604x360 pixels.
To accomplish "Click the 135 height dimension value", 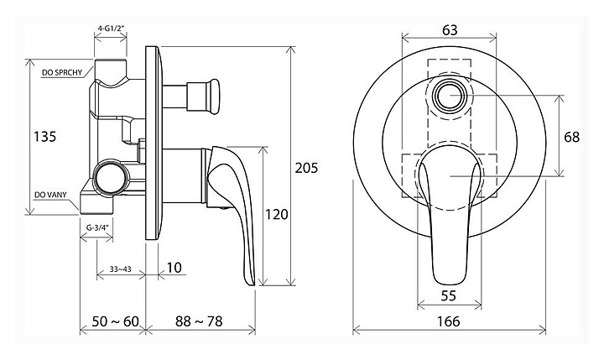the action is coord(45,137).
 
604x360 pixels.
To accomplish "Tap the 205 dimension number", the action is coord(307,168).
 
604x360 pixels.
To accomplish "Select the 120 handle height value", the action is coord(277,214).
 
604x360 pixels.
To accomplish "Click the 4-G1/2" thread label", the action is coord(111,29).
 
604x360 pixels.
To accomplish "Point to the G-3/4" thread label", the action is coord(97,227).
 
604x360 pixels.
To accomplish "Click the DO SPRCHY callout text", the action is coord(62,72).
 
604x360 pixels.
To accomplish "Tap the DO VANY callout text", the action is coord(50,195).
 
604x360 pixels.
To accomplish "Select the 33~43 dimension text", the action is coord(120,269).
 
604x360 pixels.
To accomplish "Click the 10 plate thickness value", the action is coord(174,268).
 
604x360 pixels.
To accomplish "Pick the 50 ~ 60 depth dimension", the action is coord(115,321).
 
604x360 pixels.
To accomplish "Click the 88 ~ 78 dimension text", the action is coord(199,321).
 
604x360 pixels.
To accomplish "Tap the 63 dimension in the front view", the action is coord(450,29).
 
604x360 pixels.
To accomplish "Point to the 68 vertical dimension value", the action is coord(571,137).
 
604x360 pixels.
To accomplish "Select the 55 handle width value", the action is coord(449,295).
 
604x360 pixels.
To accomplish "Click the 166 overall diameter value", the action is coord(449,321).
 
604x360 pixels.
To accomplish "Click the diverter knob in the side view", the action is coord(213,97).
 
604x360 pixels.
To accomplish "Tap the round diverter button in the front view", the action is coord(450,96).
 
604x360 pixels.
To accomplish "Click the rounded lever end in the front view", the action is coord(449,279).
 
